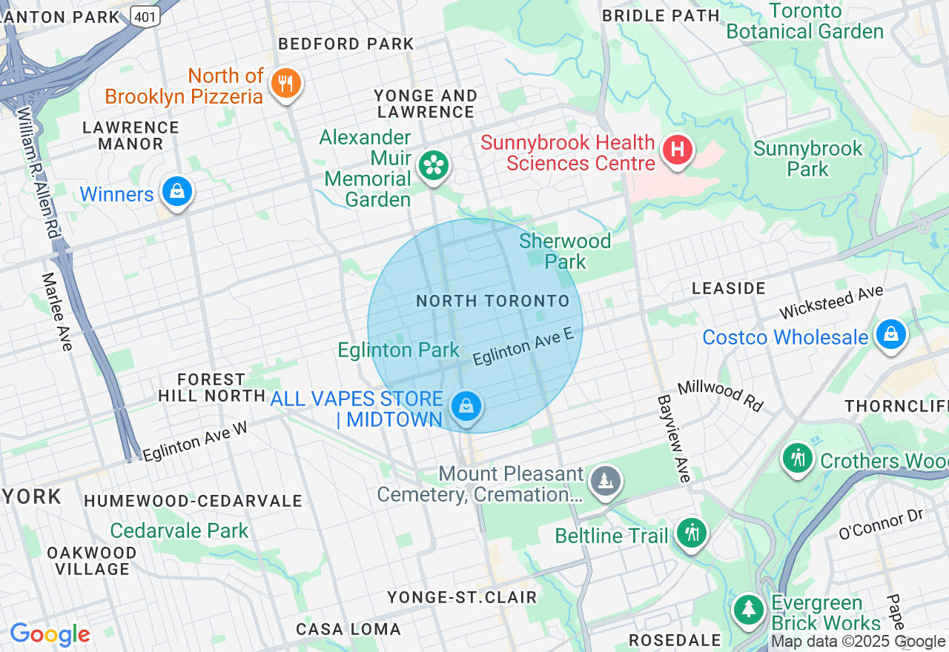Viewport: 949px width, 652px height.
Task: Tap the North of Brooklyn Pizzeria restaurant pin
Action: pos(285,83)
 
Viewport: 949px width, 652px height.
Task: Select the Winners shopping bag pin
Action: pos(177,192)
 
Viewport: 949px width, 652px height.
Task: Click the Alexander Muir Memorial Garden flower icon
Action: pos(434,166)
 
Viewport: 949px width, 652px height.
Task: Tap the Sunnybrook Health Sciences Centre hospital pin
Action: pos(677,150)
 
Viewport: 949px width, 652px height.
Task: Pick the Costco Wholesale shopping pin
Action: pos(890,335)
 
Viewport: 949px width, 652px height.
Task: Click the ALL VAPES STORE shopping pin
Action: pos(466,407)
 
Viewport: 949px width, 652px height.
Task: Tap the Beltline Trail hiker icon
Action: pos(692,533)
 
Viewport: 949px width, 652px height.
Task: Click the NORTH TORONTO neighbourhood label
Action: pos(492,301)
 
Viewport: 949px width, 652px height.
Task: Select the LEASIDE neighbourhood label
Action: pos(728,288)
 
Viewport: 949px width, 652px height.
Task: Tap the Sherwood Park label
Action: pos(565,251)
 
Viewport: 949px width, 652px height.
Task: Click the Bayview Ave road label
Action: pos(674,439)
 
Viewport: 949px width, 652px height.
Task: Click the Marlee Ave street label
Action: pos(56,311)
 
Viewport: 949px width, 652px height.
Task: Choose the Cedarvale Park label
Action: pos(179,530)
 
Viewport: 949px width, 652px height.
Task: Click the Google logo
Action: pos(50,634)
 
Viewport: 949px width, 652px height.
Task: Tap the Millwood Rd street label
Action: pos(720,395)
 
